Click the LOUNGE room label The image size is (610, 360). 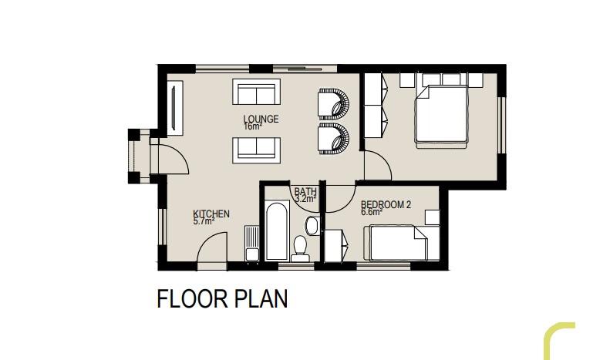[x=261, y=119]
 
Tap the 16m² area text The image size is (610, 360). [x=252, y=126]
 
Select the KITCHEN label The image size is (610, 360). [x=211, y=214]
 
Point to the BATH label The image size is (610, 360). [x=305, y=191]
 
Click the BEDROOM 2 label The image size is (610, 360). [x=386, y=204]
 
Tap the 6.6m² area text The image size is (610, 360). [x=372, y=212]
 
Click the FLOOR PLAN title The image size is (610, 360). [x=222, y=298]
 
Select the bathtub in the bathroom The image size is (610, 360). [x=277, y=230]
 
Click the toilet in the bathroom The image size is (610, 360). [x=300, y=249]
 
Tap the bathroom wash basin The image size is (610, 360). [x=312, y=226]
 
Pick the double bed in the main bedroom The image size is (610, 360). [x=441, y=114]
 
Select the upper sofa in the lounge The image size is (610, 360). [x=256, y=92]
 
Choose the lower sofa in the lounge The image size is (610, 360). [x=256, y=150]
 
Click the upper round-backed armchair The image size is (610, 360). [x=334, y=104]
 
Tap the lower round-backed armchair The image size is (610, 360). [x=334, y=139]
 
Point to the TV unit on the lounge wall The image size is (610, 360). [x=175, y=108]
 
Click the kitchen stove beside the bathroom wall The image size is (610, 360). [x=252, y=245]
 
